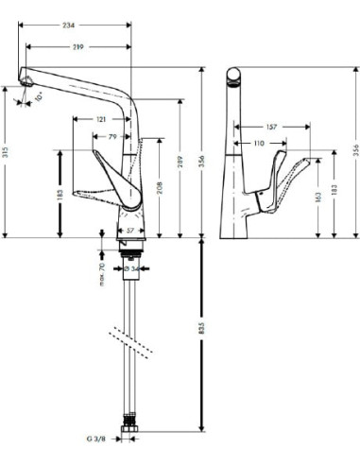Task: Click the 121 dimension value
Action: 100,119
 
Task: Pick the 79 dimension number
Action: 113,137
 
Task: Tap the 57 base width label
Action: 129,230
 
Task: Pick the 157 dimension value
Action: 271,126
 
